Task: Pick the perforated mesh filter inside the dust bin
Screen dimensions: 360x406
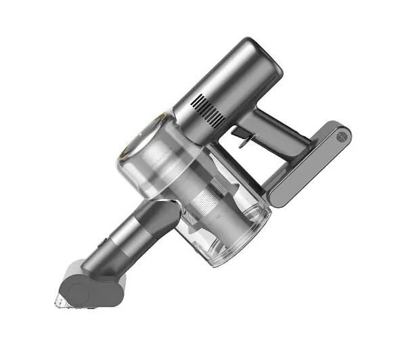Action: [206, 204]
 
